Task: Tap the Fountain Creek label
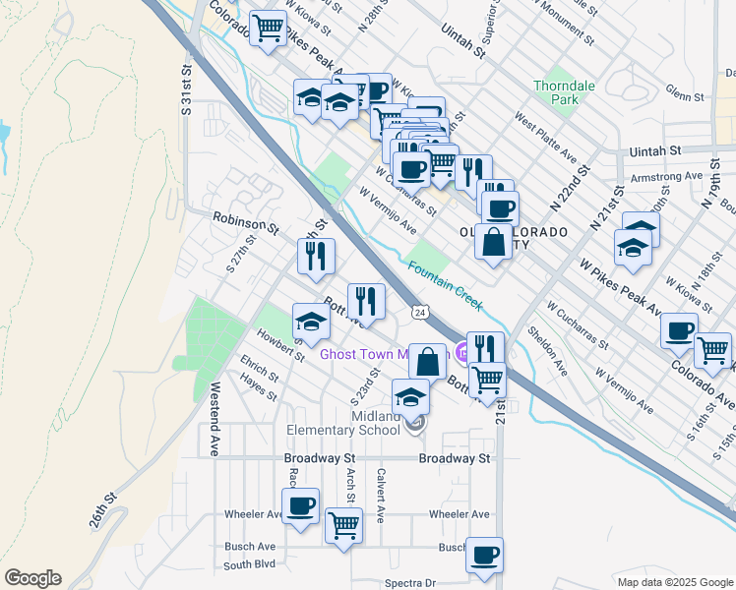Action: (446, 286)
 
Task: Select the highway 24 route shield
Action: (420, 312)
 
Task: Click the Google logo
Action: (32, 577)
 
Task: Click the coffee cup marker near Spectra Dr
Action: (484, 555)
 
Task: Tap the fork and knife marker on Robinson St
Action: (317, 256)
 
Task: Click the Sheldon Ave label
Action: (547, 352)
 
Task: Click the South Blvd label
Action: (250, 565)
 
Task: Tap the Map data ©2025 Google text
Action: (674, 582)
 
